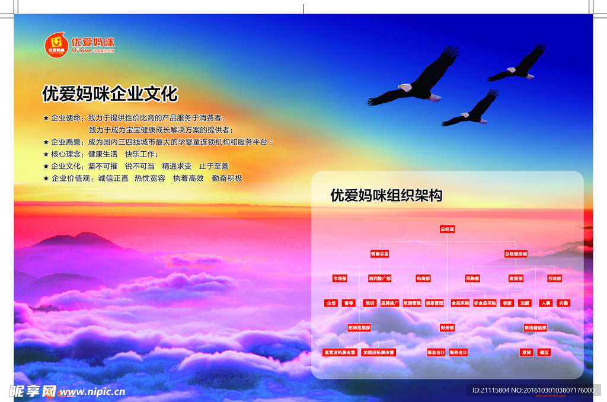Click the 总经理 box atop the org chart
447,229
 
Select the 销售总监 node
379,254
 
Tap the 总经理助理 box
516,254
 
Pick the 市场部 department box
340,279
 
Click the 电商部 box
423,279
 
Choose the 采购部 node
472,279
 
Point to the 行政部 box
554,279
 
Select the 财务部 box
447,327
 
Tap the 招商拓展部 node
359,327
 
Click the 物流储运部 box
535,327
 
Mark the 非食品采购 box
484,303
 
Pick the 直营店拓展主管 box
340,352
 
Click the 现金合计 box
436,352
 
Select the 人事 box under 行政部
545,303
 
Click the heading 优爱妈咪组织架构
386,195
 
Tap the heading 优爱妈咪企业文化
110,94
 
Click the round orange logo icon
56,44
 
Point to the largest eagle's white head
405,88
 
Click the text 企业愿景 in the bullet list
66,142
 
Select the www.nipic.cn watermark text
92,392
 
